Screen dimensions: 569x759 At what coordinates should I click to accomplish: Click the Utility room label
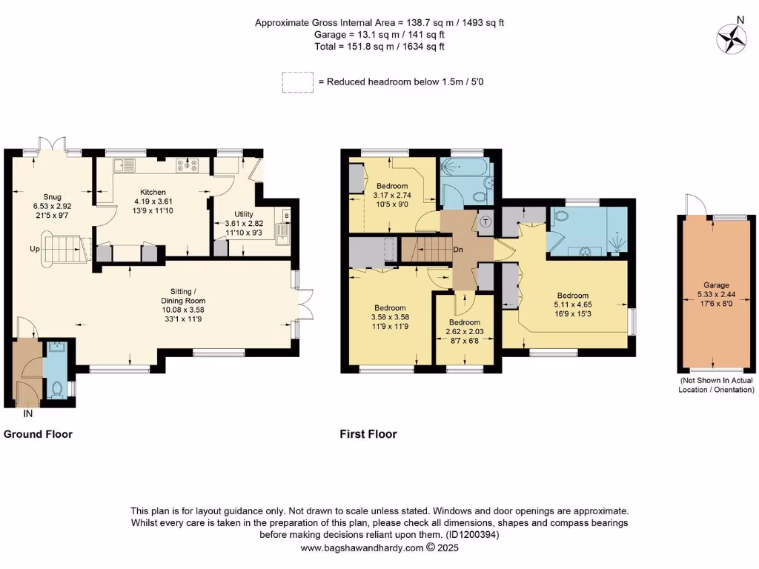239,211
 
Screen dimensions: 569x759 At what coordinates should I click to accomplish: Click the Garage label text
717,285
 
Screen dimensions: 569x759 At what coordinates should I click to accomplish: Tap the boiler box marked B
285,216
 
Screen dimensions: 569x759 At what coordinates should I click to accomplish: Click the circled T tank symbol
486,221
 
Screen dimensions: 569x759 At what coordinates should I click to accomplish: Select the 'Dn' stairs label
459,250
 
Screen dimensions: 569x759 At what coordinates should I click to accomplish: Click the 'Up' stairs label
35,249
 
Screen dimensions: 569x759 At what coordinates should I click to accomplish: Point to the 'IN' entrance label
28,413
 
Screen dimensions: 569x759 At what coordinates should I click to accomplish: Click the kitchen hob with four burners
186,166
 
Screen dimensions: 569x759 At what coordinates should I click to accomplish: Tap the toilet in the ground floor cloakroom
56,387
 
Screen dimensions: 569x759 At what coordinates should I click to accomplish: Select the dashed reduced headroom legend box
297,81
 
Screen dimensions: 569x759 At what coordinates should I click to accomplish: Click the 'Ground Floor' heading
39,434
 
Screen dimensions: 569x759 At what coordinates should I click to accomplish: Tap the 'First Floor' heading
368,434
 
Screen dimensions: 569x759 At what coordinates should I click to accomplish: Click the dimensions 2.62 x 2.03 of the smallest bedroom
464,333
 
